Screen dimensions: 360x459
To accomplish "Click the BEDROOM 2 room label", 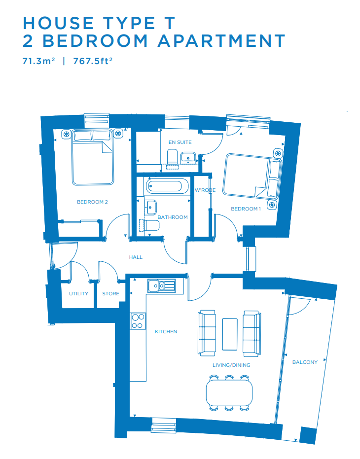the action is pos(92,202).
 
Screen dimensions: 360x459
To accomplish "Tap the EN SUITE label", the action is pos(180,142).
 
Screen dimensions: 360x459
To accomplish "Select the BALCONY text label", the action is pos(305,362).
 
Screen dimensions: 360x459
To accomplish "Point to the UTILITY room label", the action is pos(78,294).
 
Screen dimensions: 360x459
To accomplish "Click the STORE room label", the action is pos(111,294).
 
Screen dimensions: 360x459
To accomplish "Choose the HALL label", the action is pos(136,257).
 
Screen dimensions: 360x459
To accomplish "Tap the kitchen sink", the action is pos(162,286).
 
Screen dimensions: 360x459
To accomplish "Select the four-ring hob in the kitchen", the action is pos(138,321).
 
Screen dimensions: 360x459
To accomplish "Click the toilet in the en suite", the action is pos(172,156).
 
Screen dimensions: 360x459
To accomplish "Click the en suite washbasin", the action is pos(188,157).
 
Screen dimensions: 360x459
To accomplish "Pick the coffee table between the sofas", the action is pos(230,334).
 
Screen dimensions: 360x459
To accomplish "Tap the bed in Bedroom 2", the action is pos(93,157).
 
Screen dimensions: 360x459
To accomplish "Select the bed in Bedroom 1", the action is pos(252,177).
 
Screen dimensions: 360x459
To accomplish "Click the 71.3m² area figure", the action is pos(38,61).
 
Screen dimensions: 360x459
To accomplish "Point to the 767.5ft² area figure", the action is pos(93,61).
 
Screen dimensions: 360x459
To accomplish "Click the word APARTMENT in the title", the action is pos(221,40).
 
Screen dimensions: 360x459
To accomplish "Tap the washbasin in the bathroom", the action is pos(150,207).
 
